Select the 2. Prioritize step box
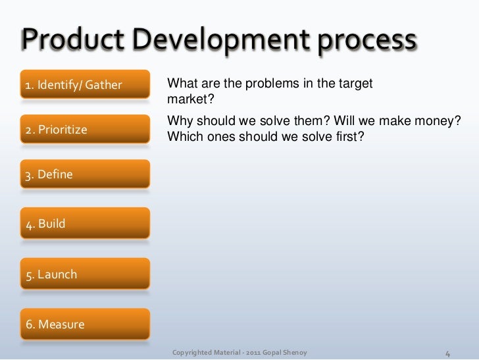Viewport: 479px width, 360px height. point(85,130)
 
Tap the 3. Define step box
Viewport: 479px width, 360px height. point(85,174)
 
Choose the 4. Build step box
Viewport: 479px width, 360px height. point(85,224)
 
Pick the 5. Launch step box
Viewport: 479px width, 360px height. point(85,274)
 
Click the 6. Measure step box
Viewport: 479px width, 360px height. point(85,324)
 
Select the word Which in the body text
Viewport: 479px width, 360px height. point(184,138)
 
